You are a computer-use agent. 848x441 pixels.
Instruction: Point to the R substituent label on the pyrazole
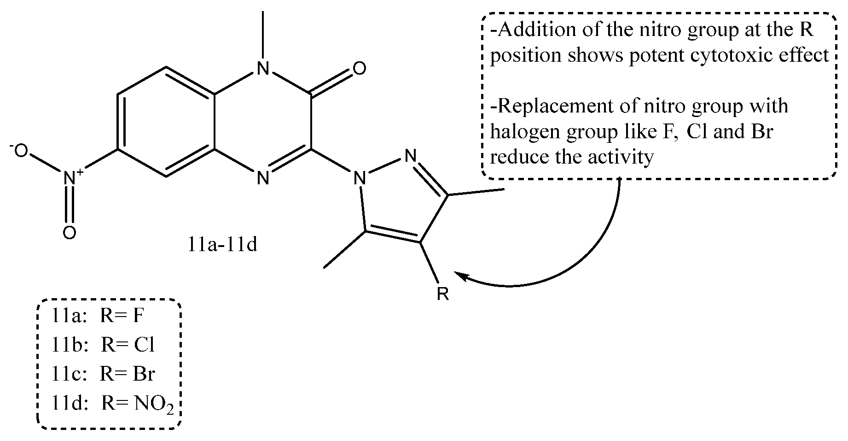(442, 294)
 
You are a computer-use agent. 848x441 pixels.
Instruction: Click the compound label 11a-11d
(222, 245)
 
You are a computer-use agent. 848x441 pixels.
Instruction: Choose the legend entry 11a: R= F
(98, 317)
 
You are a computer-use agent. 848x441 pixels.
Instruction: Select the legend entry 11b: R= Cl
(103, 345)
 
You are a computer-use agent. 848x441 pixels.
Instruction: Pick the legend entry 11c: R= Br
(103, 373)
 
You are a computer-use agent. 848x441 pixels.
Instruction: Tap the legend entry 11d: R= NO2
(112, 403)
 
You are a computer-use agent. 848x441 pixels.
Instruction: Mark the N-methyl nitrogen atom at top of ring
(262, 69)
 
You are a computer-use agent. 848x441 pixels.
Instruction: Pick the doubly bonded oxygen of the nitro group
(70, 233)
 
